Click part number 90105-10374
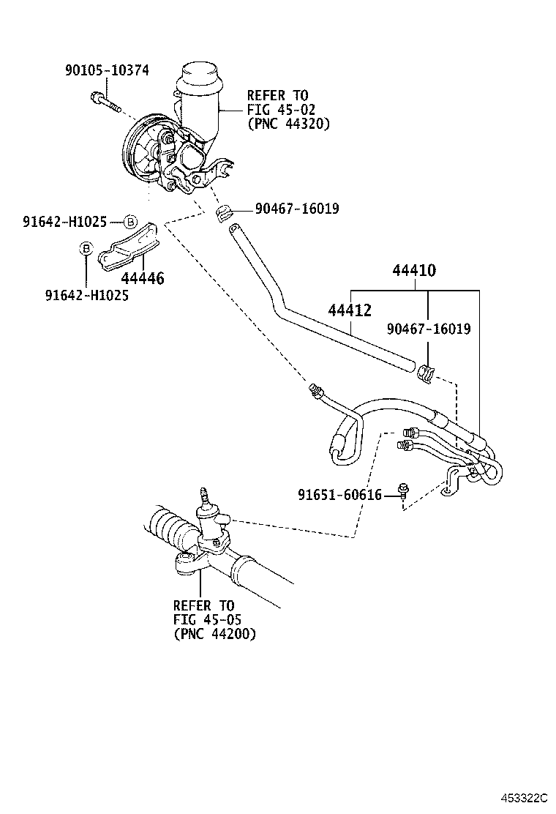tap(107, 70)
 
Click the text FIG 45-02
tap(281, 110)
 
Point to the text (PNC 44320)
tap(288, 124)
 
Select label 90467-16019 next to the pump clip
tap(297, 209)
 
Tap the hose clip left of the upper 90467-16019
tap(225, 213)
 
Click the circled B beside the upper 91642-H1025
tap(130, 223)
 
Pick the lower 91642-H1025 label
tap(87, 296)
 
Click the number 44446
tap(143, 278)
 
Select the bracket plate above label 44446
tap(129, 247)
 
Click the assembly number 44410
tap(414, 270)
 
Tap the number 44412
tap(350, 310)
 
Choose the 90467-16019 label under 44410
tap(429, 329)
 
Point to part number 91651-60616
tap(339, 495)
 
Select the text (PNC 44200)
tap(215, 635)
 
